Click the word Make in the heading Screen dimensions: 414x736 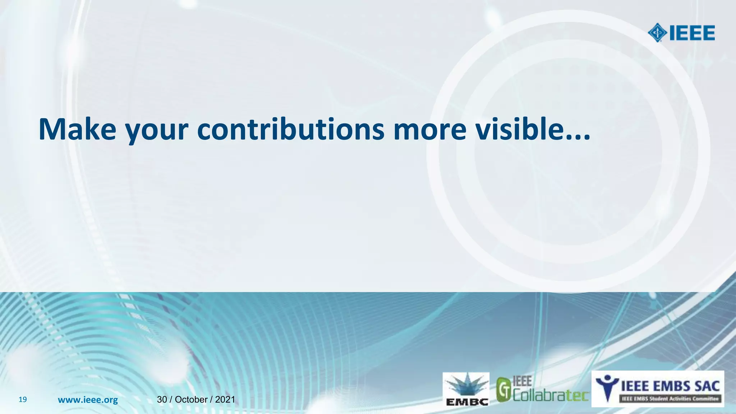click(77, 129)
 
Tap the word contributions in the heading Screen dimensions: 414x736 click(290, 129)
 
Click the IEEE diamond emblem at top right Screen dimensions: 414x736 click(657, 33)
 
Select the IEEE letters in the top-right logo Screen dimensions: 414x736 click(691, 33)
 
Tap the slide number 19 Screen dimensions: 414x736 click(23, 400)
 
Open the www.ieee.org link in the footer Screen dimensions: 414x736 click(88, 400)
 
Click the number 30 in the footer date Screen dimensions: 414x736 click(162, 400)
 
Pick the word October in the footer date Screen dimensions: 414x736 click(191, 400)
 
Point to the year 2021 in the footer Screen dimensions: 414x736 click(225, 400)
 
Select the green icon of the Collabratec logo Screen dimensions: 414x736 click(504, 390)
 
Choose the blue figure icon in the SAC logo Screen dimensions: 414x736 click(607, 387)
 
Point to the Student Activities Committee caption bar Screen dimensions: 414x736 click(671, 399)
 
